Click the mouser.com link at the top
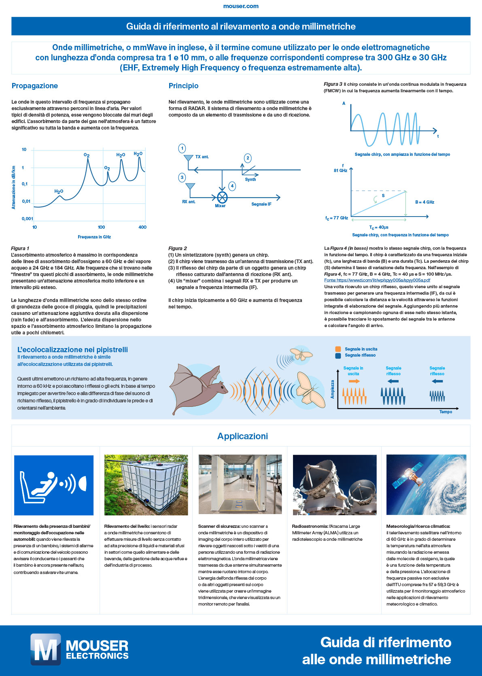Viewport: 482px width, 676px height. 241,6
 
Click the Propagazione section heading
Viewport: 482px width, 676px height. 35,86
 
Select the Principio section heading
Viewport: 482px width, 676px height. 183,86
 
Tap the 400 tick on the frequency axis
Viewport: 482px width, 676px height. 142,227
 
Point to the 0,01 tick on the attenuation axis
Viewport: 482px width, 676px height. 26,201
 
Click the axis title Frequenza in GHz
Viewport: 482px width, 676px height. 94,237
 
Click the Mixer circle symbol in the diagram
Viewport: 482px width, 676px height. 222,198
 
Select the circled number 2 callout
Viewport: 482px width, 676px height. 248,158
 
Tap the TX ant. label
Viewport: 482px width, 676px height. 202,157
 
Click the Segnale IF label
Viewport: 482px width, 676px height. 261,204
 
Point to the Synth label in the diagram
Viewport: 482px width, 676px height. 251,179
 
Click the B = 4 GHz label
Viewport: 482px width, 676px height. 425,202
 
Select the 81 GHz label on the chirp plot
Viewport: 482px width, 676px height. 340,170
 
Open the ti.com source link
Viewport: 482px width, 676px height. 377,280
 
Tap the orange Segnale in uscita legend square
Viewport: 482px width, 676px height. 338,349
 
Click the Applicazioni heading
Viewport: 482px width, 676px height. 242,436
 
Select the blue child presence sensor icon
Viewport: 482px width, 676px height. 54,485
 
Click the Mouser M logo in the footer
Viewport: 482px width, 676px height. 45,650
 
